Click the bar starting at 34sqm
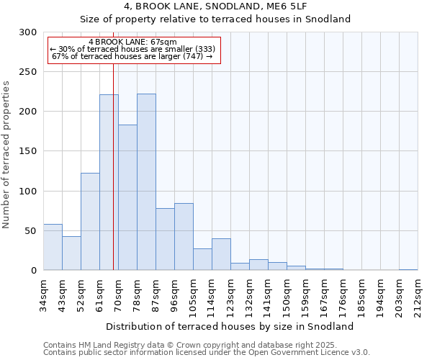point(53,247)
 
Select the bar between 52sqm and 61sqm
point(90,222)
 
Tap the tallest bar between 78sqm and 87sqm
point(146,182)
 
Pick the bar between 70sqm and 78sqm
point(127,197)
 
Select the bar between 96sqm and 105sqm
point(184,237)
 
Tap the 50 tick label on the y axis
point(32,231)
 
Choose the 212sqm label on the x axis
point(418,296)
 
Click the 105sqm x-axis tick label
point(193,296)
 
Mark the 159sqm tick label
point(305,296)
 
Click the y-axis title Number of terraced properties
point(6,155)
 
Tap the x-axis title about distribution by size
point(235,326)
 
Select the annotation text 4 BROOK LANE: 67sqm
point(132,42)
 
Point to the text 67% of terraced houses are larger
point(132,56)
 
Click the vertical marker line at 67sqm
point(113,180)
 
